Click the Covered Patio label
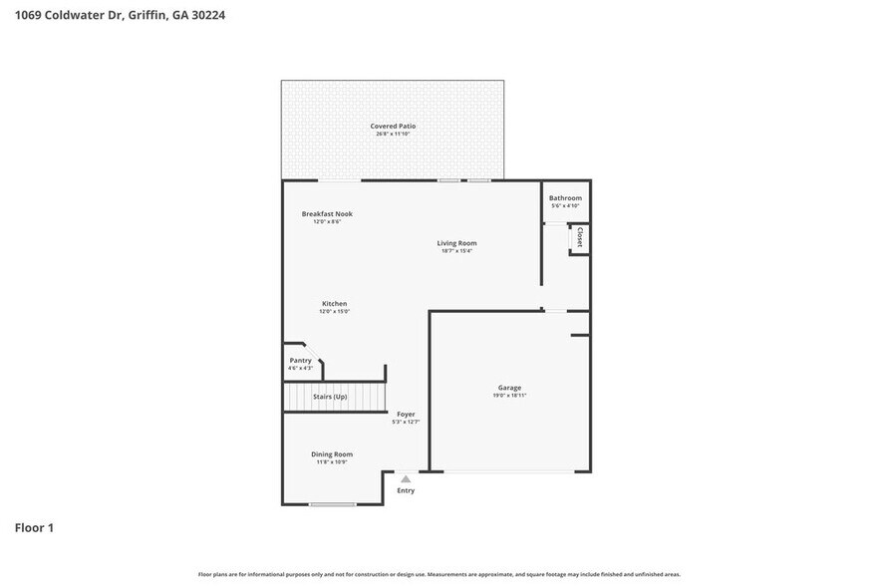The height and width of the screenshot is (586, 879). [393, 127]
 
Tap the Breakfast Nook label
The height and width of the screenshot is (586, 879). [327, 214]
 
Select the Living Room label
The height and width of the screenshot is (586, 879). [456, 243]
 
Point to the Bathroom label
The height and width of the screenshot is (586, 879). [565, 198]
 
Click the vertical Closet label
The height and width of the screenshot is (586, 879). [579, 237]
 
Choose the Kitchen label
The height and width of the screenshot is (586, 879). [334, 304]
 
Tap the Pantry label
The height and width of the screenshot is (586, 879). [300, 361]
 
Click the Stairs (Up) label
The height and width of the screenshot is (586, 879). [330, 397]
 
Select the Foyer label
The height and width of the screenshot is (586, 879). [406, 415]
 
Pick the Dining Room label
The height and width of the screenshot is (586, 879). [332, 454]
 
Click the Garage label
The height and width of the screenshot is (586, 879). [509, 388]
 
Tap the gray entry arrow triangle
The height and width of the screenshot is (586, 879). [406, 479]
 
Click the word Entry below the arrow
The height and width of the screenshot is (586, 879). [406, 490]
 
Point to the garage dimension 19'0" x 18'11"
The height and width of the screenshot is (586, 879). [509, 396]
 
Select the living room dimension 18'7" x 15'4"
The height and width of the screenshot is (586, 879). [456, 251]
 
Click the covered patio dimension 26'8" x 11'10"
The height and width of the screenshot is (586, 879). [393, 134]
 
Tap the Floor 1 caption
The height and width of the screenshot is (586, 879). [34, 527]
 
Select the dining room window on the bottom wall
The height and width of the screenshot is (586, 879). [332, 504]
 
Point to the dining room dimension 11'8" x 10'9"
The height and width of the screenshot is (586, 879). [332, 462]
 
